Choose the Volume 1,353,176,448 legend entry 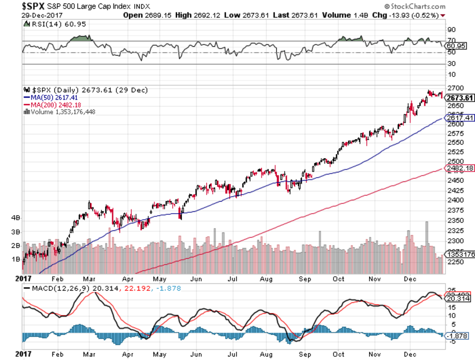click(62, 112)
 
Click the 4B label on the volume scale click(16, 217)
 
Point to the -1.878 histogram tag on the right click(457, 335)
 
